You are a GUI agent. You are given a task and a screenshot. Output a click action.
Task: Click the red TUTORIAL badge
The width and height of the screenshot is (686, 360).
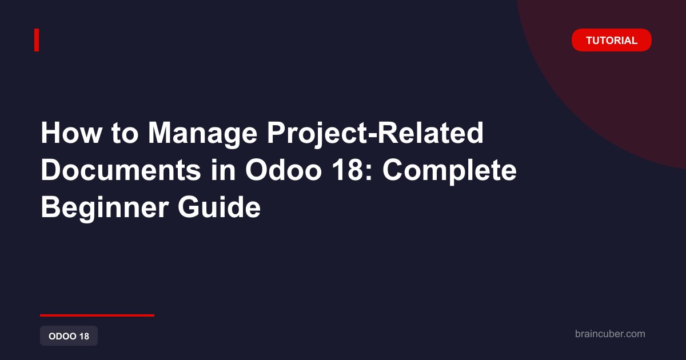point(611,40)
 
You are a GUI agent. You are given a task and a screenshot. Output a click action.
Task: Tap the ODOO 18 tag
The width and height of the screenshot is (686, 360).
point(69,336)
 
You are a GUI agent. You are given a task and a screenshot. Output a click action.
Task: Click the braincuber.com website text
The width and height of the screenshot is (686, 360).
point(610,334)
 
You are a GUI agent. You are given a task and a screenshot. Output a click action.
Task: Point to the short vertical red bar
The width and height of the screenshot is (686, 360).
point(37,40)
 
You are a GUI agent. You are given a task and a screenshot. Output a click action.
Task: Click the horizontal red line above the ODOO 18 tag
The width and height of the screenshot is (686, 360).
point(97,315)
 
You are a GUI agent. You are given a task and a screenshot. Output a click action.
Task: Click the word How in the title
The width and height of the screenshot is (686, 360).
point(71,133)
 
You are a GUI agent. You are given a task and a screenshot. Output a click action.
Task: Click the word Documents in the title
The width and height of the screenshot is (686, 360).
point(121,170)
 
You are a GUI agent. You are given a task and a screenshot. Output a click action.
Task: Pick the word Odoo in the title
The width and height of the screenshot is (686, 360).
point(284,170)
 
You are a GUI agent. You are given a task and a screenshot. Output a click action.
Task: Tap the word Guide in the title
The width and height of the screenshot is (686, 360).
point(220,207)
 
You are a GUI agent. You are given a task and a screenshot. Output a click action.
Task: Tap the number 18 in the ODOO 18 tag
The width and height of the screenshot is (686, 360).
point(84,336)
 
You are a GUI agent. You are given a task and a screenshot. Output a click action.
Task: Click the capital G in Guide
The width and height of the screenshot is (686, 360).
point(189,207)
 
